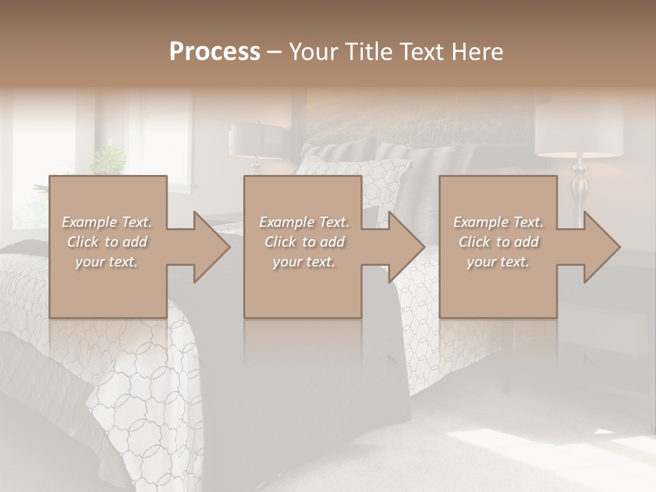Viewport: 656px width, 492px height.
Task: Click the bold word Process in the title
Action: point(215,51)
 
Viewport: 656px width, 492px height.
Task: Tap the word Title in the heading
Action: point(368,51)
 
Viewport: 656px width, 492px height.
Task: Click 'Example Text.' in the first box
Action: point(107,222)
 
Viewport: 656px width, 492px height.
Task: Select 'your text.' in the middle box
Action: point(303,262)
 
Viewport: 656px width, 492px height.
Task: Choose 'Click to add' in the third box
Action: point(498,242)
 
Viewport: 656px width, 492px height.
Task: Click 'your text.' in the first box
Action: point(107,262)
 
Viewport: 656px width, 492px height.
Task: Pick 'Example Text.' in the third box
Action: point(498,222)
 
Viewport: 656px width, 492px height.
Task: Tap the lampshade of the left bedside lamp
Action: point(256,140)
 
